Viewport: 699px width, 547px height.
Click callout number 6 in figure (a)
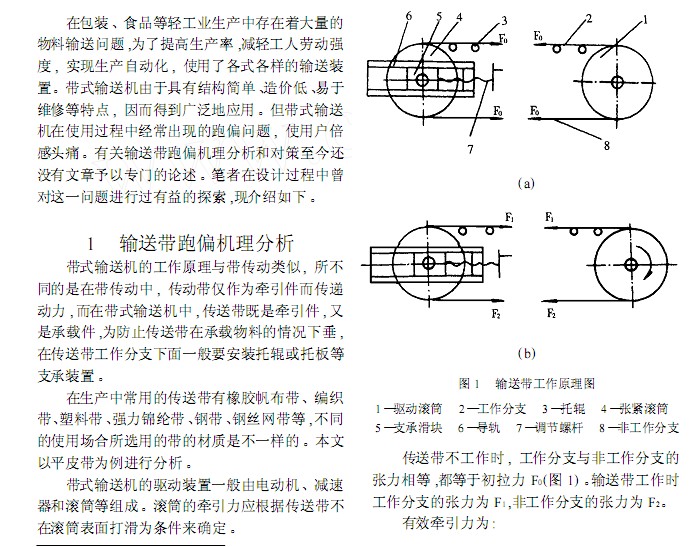pos(409,16)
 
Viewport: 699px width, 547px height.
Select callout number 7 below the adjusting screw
pos(470,149)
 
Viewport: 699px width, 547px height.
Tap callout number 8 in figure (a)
pos(606,145)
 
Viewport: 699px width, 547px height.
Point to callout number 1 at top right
pos(645,19)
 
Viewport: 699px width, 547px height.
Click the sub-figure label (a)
pos(526,183)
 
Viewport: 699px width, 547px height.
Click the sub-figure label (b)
pos(526,354)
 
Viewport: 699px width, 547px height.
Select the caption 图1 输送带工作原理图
pos(527,383)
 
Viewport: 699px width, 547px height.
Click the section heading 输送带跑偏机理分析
pos(207,243)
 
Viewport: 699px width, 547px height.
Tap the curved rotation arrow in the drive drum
pos(646,263)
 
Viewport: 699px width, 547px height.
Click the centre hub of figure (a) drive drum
pos(617,82)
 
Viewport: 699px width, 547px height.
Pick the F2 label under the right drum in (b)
pos(551,313)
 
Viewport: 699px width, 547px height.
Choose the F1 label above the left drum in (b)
pos(510,218)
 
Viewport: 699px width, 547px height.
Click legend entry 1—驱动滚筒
pos(409,408)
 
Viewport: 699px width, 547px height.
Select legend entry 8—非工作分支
pos(639,428)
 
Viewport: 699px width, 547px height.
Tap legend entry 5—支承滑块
pos(409,428)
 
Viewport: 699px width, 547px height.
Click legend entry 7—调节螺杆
pos(550,428)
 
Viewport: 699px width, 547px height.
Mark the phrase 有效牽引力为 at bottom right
pos(449,522)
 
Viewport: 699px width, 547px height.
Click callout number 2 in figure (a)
pos(589,18)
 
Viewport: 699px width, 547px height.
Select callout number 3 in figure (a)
pos(504,21)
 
